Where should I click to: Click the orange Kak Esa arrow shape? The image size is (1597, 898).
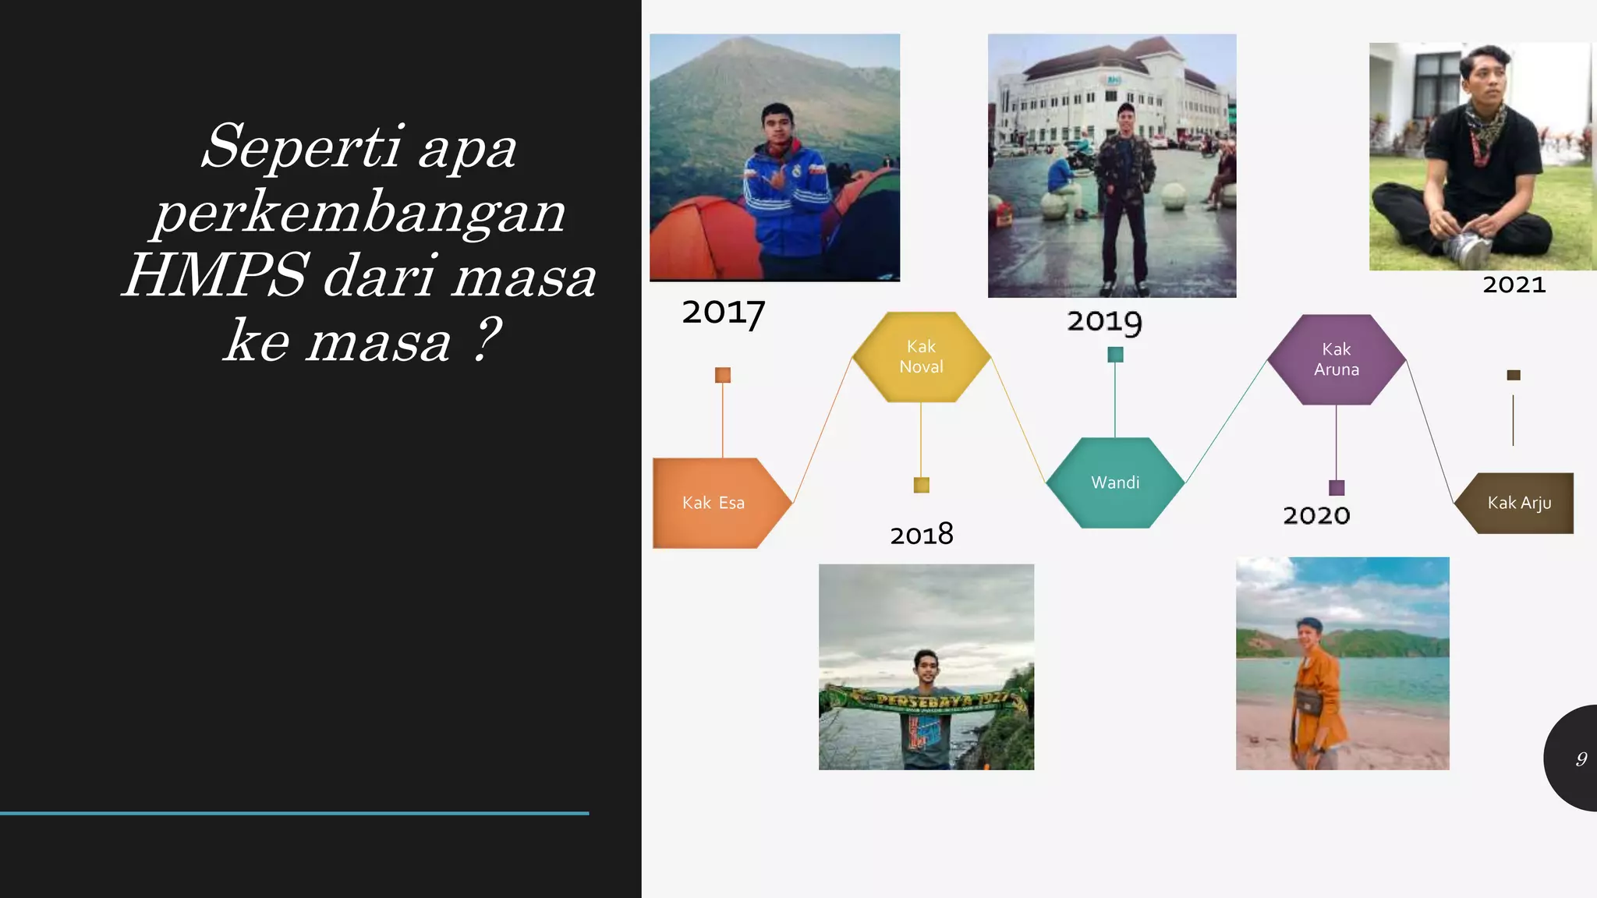[714, 503]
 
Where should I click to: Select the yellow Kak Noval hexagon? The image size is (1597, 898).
[921, 357]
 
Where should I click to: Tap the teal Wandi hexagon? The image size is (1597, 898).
[1115, 483]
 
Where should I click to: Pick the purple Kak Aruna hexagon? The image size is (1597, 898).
[1336, 359]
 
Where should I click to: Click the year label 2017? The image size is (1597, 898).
[723, 313]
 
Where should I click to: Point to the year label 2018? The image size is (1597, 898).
[922, 535]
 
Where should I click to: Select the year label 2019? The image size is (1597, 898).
[1104, 321]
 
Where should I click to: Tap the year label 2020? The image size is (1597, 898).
[1316, 515]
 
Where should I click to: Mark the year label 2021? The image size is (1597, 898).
[1514, 285]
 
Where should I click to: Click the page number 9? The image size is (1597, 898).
[1581, 758]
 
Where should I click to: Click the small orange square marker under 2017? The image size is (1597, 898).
[723, 375]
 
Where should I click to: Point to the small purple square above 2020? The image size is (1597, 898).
[1337, 488]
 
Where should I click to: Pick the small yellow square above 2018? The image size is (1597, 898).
[922, 485]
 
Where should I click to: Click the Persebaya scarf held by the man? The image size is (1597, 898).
[928, 700]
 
